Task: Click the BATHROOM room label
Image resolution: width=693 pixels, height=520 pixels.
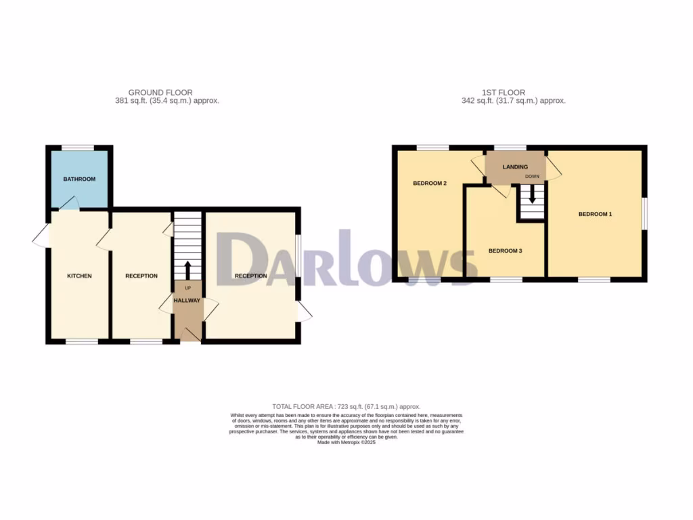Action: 79,179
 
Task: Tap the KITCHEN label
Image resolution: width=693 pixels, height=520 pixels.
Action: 79,276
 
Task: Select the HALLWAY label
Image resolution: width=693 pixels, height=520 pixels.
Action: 187,301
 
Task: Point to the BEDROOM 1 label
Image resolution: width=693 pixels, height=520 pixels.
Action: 595,215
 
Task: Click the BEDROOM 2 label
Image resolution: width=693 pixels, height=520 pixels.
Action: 430,183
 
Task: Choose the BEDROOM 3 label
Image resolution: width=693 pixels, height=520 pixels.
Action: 505,251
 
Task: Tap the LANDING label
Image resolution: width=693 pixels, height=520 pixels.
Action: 515,167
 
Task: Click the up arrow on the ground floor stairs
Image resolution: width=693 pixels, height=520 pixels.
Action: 188,269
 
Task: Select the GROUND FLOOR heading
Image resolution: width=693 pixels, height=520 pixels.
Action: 160,93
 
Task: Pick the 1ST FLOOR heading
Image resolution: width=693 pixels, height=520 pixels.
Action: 503,93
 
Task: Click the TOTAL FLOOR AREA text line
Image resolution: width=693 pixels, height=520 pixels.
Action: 346,406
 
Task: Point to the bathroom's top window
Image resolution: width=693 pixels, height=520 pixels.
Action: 78,147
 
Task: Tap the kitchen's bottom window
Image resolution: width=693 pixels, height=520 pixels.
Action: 82,341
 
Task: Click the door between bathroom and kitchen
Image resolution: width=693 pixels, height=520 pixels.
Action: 68,202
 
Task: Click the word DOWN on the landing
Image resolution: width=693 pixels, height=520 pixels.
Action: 532,177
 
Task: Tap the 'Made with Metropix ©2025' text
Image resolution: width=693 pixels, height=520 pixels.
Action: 346,443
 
